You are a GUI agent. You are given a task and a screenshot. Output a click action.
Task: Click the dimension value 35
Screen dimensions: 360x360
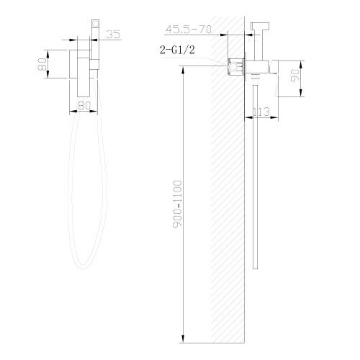coord(112,34)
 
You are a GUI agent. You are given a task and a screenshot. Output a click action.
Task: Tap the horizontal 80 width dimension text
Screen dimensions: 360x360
coord(84,106)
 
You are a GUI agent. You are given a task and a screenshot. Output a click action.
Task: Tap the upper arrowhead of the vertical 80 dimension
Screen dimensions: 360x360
coord(48,51)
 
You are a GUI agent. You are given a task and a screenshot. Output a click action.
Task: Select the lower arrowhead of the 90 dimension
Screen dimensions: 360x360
coord(301,93)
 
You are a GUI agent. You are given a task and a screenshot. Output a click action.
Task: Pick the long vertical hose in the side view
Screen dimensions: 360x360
coord(256,180)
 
